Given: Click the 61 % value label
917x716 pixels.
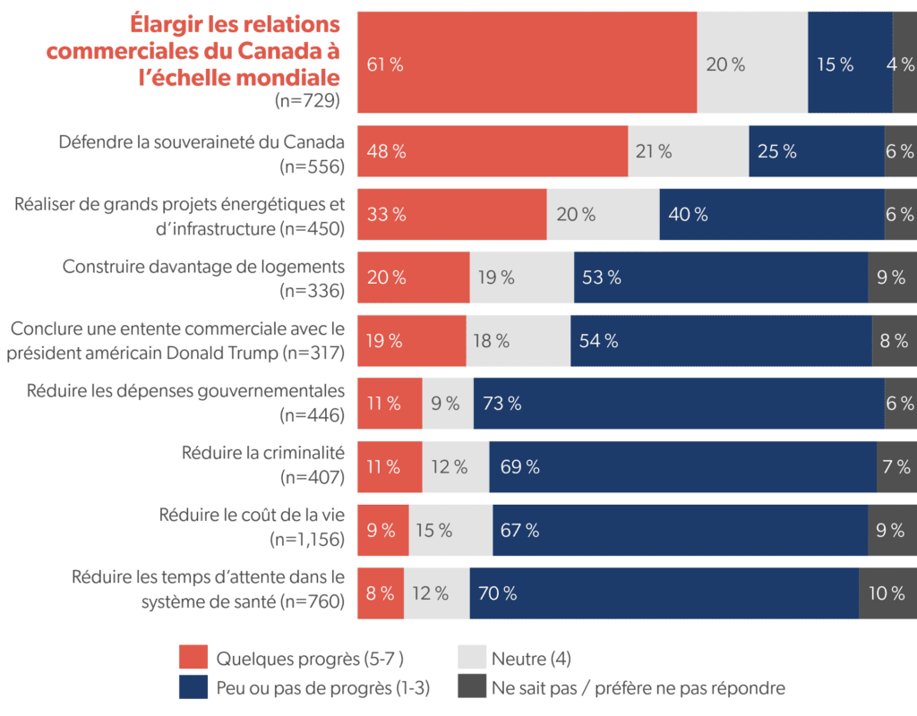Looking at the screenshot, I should point(384,64).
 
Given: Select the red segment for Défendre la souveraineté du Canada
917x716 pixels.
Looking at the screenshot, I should point(493,151).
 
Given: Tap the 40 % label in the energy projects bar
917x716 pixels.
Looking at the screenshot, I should point(688,215).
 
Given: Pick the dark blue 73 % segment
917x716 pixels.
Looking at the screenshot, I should point(679,404).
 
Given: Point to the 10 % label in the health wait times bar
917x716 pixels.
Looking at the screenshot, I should point(886,592).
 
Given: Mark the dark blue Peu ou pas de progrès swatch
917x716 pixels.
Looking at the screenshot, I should point(193,686).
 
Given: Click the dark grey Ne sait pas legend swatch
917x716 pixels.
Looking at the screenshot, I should point(471,686).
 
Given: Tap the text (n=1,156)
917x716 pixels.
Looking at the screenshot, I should point(307,540).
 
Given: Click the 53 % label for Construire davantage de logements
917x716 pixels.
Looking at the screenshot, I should point(601,277).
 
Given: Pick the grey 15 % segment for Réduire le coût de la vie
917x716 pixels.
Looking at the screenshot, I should point(450,530).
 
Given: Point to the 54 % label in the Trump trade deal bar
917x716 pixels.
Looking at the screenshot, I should point(596,341).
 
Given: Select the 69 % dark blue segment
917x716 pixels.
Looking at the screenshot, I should point(682,466).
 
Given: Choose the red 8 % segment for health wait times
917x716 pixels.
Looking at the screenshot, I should point(381,592).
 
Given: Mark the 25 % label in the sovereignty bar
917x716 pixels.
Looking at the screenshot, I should point(776,151).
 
